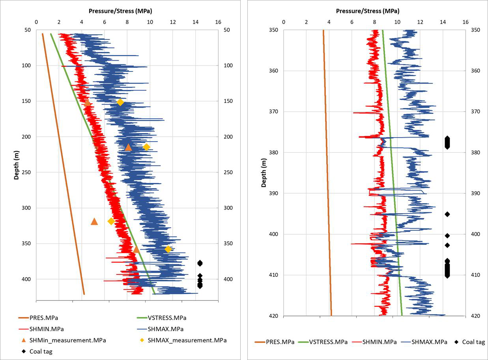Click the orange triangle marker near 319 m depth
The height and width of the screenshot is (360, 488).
coord(94,221)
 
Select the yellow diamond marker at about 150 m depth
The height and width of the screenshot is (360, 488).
coord(120,103)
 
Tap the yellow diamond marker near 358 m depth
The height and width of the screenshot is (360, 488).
coord(168,249)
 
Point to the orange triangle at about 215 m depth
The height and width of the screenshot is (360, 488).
coord(128,147)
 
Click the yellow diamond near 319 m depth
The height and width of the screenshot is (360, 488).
coord(111,221)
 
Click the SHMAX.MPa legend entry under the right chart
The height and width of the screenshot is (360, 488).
coord(424,342)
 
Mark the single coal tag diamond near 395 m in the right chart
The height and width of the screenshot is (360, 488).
coord(447,214)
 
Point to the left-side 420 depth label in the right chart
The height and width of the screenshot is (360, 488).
coord(273,316)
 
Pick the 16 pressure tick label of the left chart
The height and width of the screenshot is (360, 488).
coord(218,22)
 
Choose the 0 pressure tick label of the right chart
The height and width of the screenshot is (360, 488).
coord(284,22)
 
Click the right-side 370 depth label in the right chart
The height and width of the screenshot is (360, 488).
coord(475,112)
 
